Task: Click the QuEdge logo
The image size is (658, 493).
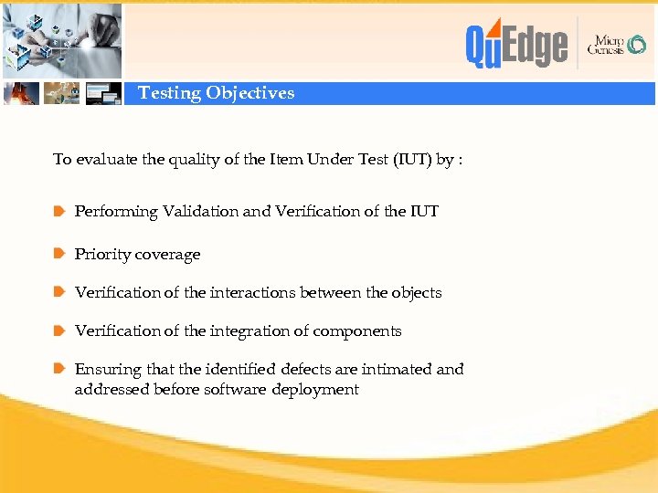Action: tap(516, 45)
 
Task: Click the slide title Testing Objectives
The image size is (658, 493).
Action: tap(216, 93)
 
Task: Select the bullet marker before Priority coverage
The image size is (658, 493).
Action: tap(59, 254)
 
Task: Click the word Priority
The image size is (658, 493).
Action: tap(101, 255)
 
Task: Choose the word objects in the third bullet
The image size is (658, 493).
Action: tap(416, 293)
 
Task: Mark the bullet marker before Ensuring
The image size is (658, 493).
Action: tap(59, 370)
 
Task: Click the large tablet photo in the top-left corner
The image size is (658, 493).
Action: tap(61, 39)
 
